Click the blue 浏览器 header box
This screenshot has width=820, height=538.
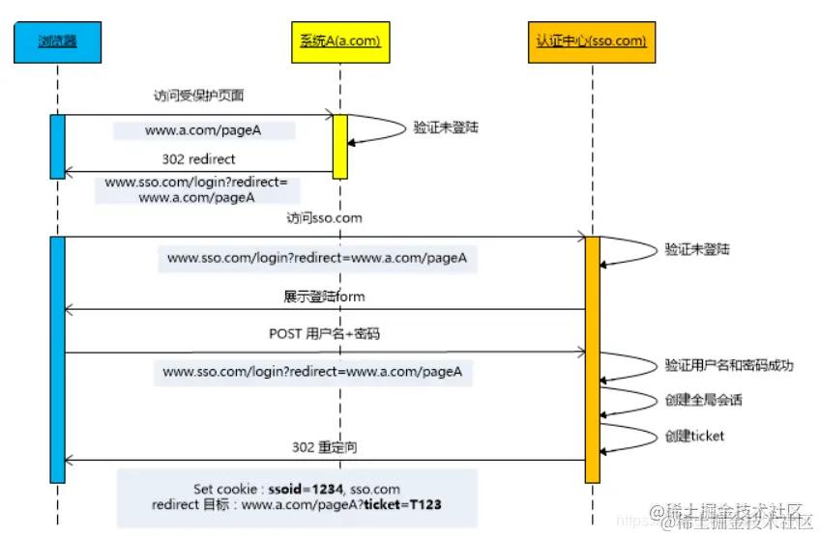click(57, 42)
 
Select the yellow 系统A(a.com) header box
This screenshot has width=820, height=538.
click(335, 42)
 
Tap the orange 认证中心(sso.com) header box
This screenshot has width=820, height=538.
click(591, 42)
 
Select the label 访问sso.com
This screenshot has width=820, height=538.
click(324, 218)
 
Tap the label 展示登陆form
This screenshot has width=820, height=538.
click(324, 296)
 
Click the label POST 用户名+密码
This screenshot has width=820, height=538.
click(325, 335)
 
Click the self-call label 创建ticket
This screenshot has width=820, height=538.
click(694, 436)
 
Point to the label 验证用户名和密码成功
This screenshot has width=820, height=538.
click(728, 366)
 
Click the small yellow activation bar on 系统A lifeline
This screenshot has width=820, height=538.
click(339, 146)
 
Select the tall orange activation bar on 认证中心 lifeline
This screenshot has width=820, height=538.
click(592, 357)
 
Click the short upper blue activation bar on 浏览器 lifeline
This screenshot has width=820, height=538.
click(57, 146)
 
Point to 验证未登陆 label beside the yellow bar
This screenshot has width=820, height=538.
click(446, 127)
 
